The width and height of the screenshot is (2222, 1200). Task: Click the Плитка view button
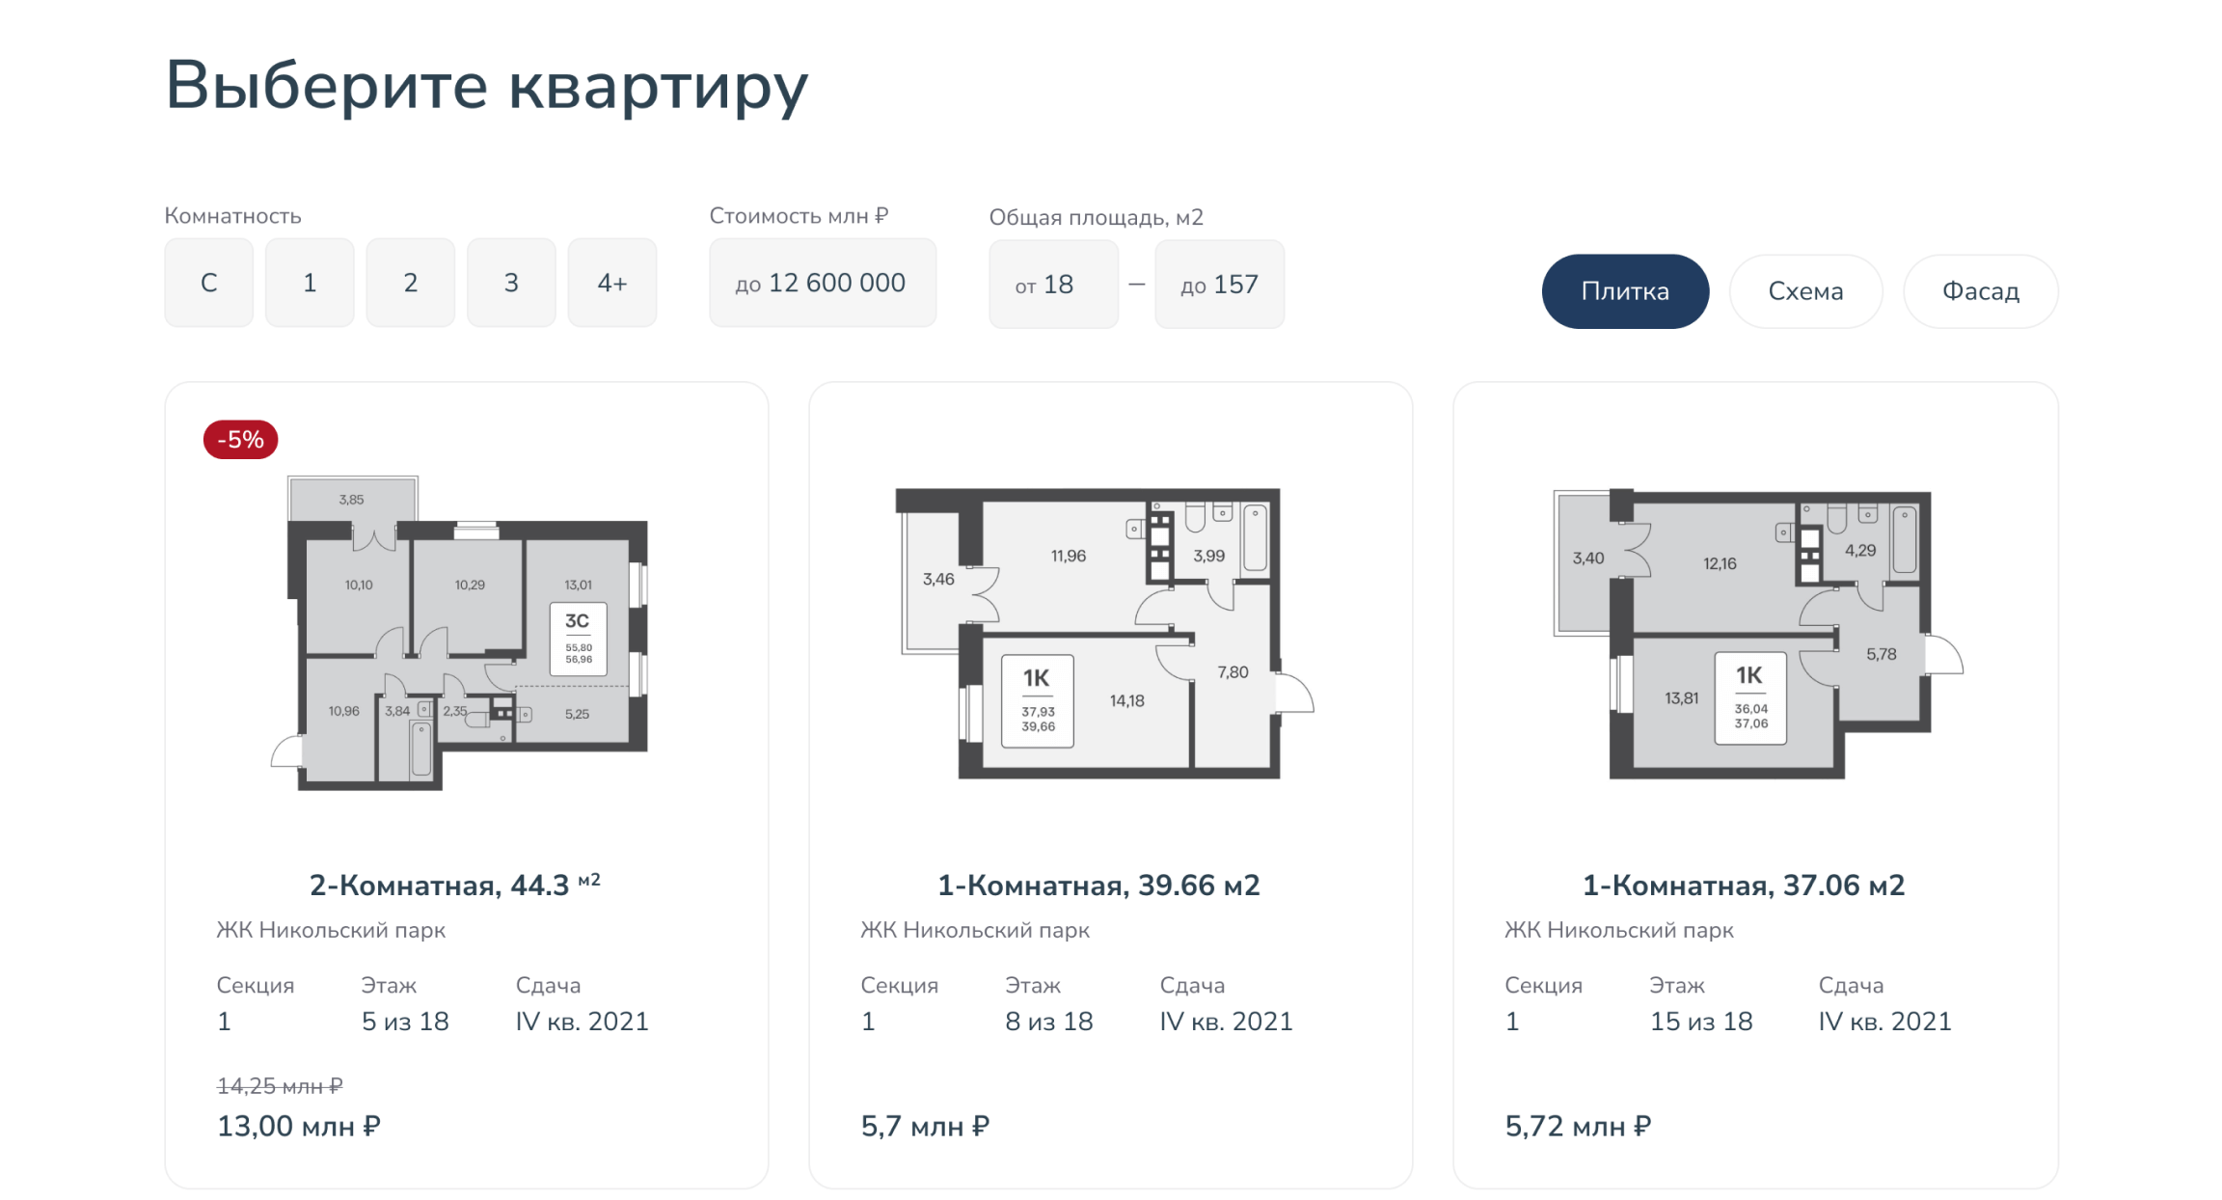pyautogui.click(x=1625, y=291)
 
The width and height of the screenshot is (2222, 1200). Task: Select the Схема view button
pyautogui.click(x=1805, y=291)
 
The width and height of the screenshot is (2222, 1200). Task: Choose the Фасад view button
pyautogui.click(x=1981, y=291)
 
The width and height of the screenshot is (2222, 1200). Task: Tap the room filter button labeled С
pyautogui.click(x=209, y=283)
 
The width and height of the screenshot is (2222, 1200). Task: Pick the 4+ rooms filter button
pyautogui.click(x=612, y=283)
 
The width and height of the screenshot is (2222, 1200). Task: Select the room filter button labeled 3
pyautogui.click(x=511, y=283)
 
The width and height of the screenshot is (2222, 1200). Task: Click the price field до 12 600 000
pyautogui.click(x=823, y=283)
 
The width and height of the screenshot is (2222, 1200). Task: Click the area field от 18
pyautogui.click(x=1054, y=285)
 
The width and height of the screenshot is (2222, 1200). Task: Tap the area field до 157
pyautogui.click(x=1220, y=285)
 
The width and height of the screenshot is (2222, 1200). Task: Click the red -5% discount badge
pyautogui.click(x=240, y=440)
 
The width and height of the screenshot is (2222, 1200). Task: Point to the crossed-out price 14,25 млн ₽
pyautogui.click(x=280, y=1086)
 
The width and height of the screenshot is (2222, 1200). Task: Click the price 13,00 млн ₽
pyautogui.click(x=299, y=1126)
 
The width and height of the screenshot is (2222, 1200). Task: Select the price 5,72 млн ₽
pyautogui.click(x=1579, y=1126)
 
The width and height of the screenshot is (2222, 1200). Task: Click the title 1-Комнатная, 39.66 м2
pyautogui.click(x=1099, y=886)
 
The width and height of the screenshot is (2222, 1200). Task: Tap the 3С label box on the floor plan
pyautogui.click(x=578, y=639)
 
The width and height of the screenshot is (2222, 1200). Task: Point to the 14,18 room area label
pyautogui.click(x=1126, y=701)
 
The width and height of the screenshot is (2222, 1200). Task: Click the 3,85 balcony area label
pyautogui.click(x=351, y=500)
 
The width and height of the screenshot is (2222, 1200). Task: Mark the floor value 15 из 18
pyautogui.click(x=1701, y=1022)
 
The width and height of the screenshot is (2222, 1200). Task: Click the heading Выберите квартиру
pyautogui.click(x=487, y=86)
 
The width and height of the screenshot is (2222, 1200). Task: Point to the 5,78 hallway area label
pyautogui.click(x=1881, y=654)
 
